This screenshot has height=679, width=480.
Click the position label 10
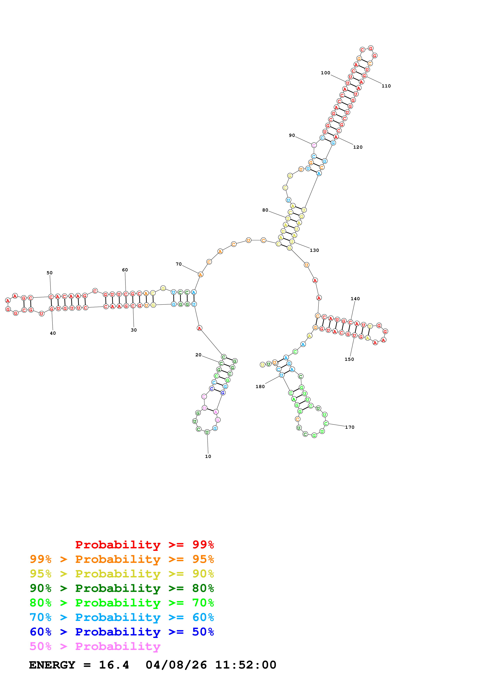tap(208, 456)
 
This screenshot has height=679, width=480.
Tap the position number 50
tap(49, 273)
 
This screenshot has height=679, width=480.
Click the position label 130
tap(314, 250)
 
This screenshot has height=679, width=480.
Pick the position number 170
tap(349, 427)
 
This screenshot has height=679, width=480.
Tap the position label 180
tap(260, 387)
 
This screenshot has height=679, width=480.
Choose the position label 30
tap(134, 330)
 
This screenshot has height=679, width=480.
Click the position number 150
tap(349, 359)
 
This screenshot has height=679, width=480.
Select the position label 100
tap(325, 73)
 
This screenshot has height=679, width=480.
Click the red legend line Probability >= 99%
tap(144, 545)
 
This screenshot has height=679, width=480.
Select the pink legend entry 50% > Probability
tap(95, 646)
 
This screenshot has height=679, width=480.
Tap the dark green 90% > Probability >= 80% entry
tap(122, 588)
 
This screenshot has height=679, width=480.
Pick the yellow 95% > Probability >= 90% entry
tap(122, 574)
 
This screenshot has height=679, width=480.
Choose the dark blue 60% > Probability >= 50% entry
tap(122, 632)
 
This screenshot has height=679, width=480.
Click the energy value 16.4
tap(114, 665)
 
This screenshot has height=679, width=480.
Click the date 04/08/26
tap(176, 665)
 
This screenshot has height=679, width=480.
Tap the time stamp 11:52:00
tap(246, 665)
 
